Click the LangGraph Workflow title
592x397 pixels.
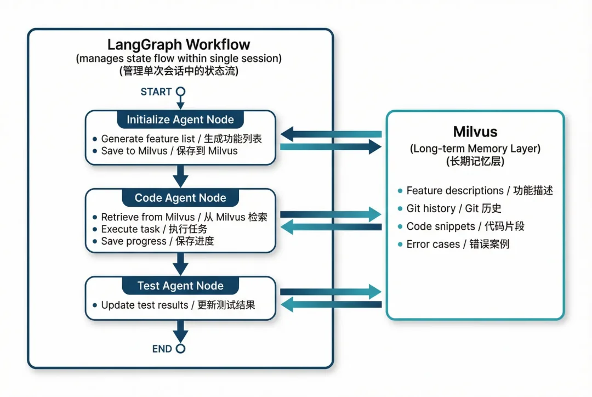click(x=179, y=44)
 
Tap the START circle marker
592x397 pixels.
click(x=180, y=92)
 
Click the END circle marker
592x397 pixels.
click(x=180, y=349)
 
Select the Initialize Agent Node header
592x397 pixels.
click(x=180, y=120)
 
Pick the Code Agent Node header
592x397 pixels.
click(x=180, y=198)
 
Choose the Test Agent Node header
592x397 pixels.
click(x=180, y=286)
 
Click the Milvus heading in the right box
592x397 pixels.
click(x=475, y=132)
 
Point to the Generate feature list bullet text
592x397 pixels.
click(x=181, y=139)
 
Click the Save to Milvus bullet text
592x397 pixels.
click(x=169, y=151)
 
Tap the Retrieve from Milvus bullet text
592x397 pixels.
click(x=184, y=217)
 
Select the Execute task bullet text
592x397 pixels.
click(x=154, y=229)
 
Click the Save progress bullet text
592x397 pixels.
click(x=157, y=241)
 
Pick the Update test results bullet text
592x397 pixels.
click(x=178, y=305)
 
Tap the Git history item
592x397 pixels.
click(x=453, y=208)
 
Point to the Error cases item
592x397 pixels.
click(x=458, y=245)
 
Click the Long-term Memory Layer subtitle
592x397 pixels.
click(x=475, y=149)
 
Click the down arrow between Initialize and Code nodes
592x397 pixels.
click(x=180, y=177)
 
